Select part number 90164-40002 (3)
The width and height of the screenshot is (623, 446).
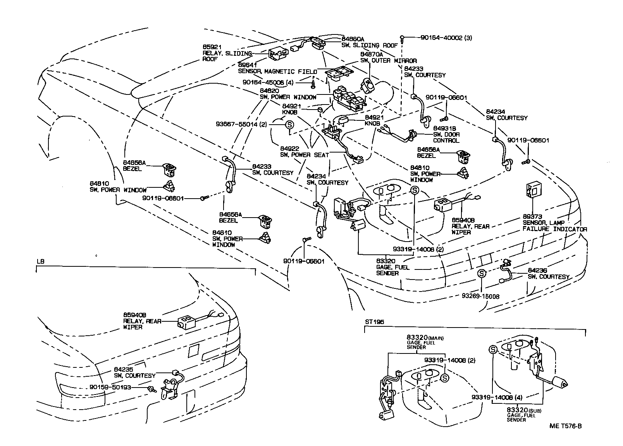pos(446,38)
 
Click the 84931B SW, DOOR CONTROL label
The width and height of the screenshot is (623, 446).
pos(446,134)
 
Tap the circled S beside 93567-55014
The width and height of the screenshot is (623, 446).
pos(289,124)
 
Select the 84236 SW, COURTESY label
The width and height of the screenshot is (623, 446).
pos(548,274)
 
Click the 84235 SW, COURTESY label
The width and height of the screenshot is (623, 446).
pos(134,372)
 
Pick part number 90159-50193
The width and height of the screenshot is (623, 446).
pos(110,387)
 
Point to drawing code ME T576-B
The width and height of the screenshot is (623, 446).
pos(565,426)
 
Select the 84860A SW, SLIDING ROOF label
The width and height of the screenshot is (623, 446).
pos(366,42)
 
